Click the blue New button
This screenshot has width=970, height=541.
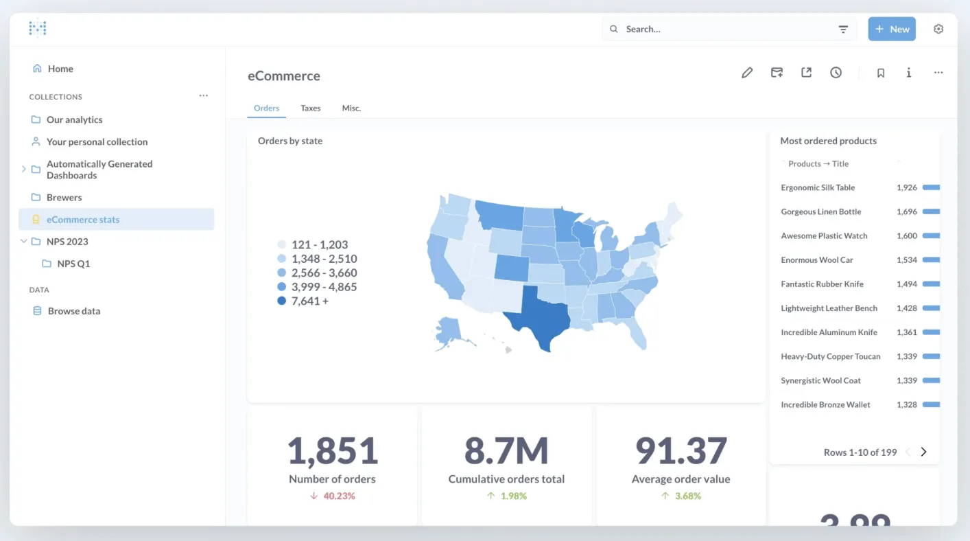892,29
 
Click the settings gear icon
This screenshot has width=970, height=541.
938,29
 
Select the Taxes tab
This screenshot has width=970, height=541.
311,108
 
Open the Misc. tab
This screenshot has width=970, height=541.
351,108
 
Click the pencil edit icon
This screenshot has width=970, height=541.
747,73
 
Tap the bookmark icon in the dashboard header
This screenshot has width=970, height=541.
881,73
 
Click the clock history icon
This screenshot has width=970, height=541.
836,73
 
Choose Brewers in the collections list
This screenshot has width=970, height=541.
64,197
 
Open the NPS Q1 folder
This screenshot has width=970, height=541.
73,264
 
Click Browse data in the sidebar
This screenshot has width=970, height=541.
74,311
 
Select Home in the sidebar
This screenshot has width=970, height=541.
60,69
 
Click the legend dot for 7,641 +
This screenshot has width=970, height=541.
281,301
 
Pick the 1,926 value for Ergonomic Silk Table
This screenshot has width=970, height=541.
907,187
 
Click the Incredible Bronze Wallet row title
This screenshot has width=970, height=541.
825,404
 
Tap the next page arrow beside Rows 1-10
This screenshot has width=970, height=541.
923,452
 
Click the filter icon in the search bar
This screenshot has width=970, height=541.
843,29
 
